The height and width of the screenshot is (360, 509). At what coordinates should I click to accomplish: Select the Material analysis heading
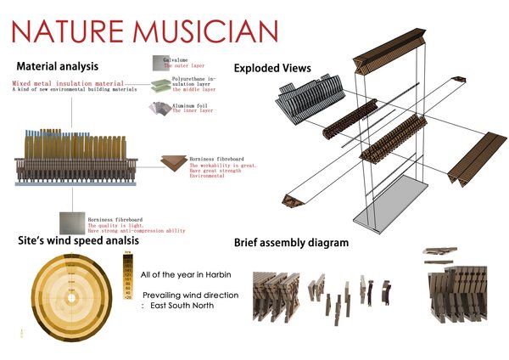[58, 66]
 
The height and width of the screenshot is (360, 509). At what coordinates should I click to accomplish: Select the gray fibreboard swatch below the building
[72, 222]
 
